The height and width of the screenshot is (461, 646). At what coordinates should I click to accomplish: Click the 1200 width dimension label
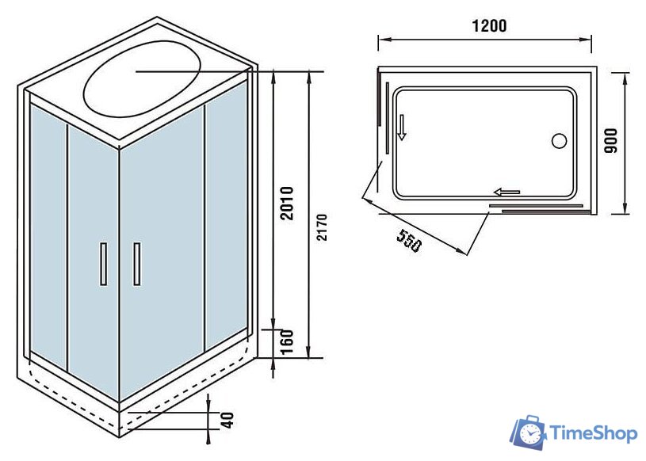[x=488, y=25]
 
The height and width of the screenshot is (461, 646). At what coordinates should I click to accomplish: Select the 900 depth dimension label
[x=610, y=141]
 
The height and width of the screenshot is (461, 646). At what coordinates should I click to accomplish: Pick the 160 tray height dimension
[x=287, y=342]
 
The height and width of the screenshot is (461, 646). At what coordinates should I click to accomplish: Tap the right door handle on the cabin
[x=136, y=263]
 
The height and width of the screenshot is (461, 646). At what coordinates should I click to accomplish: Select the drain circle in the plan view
[x=558, y=142]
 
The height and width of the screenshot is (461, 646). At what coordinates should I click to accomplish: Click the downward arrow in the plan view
[x=402, y=127]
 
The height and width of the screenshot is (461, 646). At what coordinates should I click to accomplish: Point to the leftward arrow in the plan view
[x=506, y=191]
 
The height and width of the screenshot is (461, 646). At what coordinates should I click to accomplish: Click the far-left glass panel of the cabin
[x=48, y=230]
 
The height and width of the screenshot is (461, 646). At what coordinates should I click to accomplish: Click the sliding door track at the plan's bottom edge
[x=536, y=209]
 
